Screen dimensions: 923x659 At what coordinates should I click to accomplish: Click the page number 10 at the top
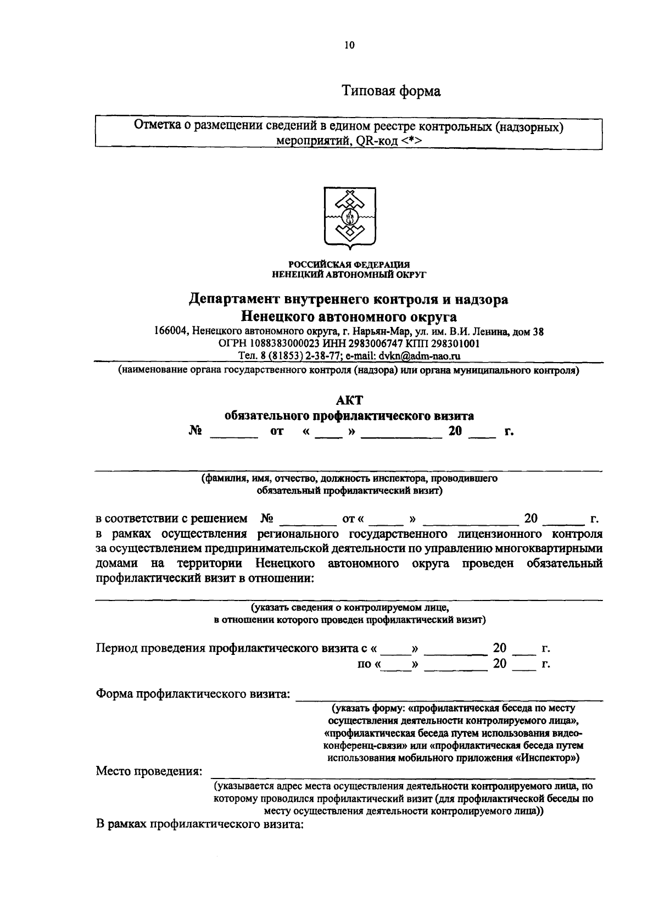click(350, 46)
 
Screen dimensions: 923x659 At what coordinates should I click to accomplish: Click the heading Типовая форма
click(391, 91)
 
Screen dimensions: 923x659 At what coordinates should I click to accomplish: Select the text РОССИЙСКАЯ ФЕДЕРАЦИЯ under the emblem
click(349, 265)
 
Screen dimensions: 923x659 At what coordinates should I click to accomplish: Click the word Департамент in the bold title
click(234, 299)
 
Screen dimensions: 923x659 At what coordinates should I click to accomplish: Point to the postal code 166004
click(172, 332)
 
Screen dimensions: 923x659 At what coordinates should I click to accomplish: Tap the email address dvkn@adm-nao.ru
click(420, 356)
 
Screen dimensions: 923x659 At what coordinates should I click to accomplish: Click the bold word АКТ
click(349, 401)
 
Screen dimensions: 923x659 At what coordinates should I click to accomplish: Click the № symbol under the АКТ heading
click(196, 432)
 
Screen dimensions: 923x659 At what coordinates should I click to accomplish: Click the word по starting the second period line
click(364, 664)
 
